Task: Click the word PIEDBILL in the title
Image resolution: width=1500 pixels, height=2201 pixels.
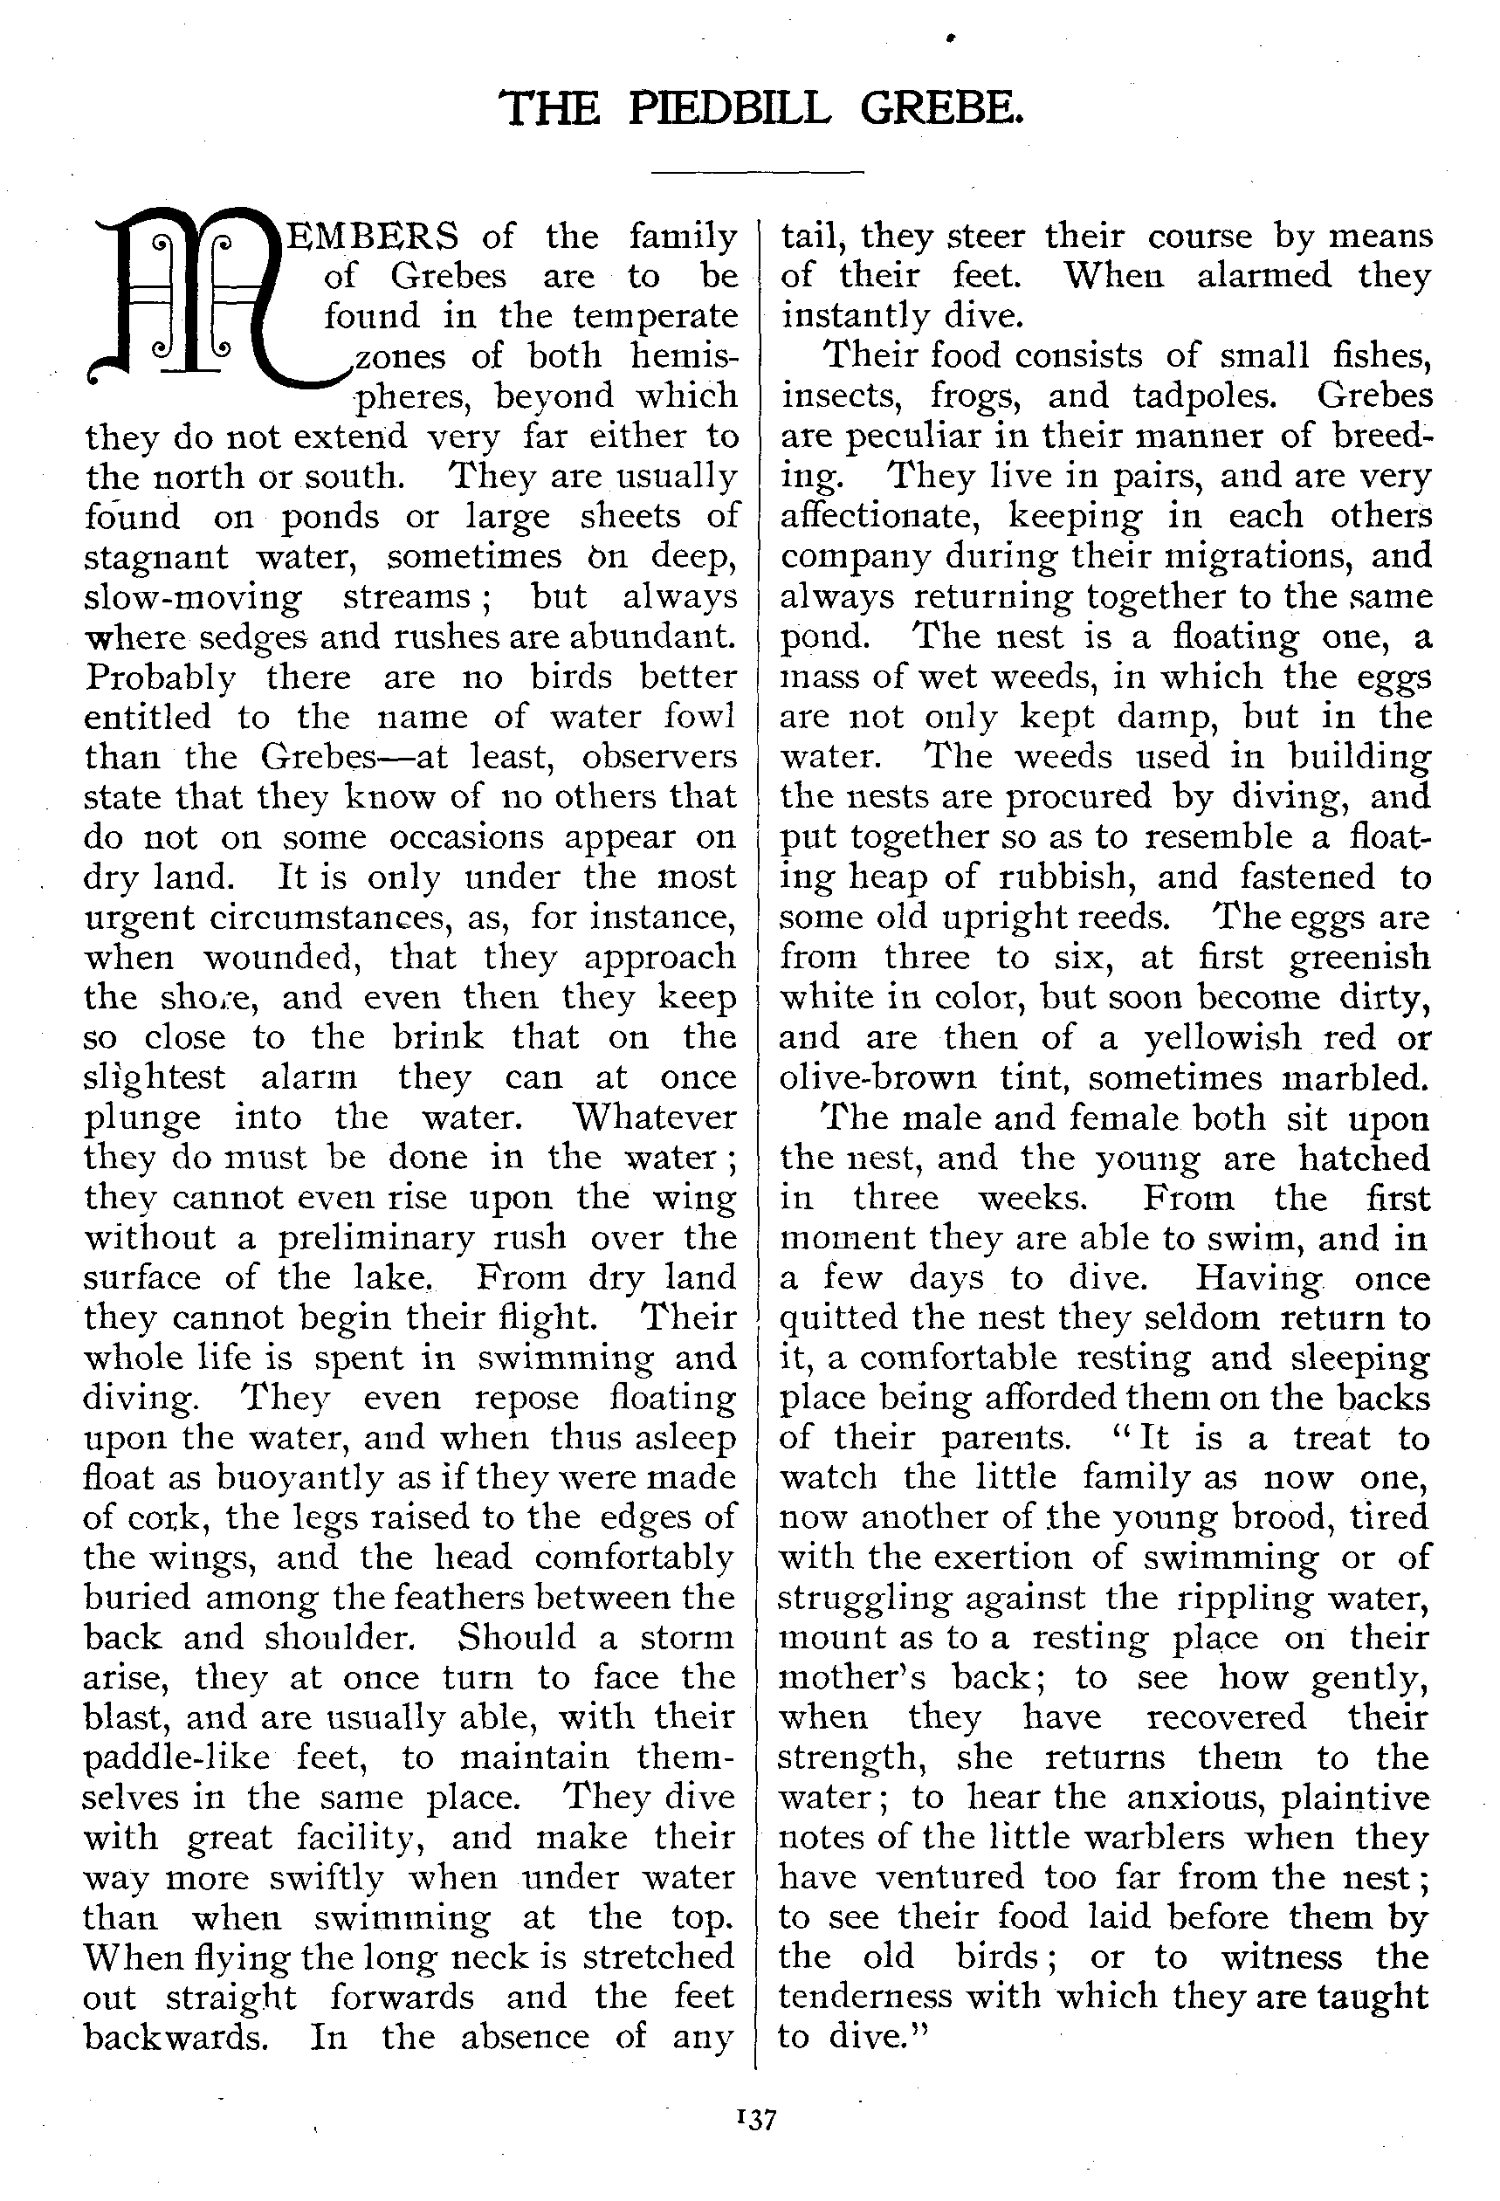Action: [x=730, y=109]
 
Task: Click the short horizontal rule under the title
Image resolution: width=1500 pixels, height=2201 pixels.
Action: [x=758, y=172]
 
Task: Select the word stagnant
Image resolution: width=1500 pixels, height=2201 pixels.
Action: [x=156, y=557]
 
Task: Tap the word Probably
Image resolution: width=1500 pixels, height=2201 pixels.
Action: [x=160, y=678]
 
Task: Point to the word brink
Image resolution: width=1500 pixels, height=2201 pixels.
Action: [x=438, y=1037]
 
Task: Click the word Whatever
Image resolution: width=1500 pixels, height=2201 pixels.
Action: [x=653, y=1117]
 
